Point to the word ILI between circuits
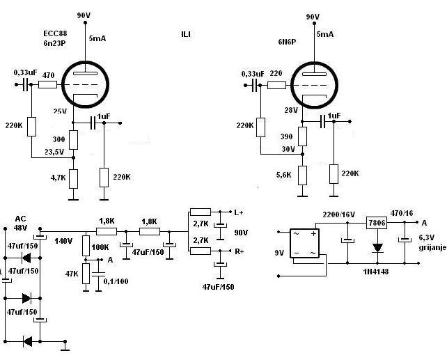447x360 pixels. tap(185, 33)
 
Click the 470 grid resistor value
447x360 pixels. tap(48, 75)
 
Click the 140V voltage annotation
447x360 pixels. tap(63, 240)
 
